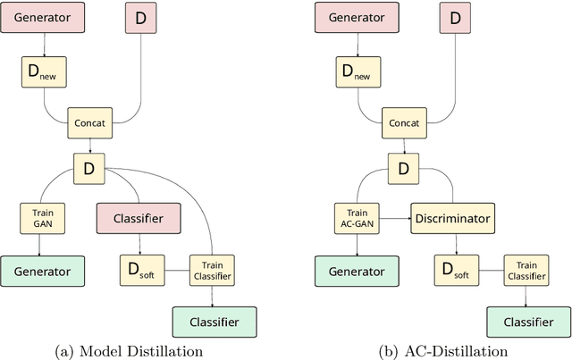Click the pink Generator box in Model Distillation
click(42, 16)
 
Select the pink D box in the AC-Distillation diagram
click(454, 16)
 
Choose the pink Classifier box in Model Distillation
click(138, 216)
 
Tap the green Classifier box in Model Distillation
click(214, 320)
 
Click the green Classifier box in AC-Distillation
click(528, 320)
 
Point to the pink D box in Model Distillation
click(138, 16)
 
